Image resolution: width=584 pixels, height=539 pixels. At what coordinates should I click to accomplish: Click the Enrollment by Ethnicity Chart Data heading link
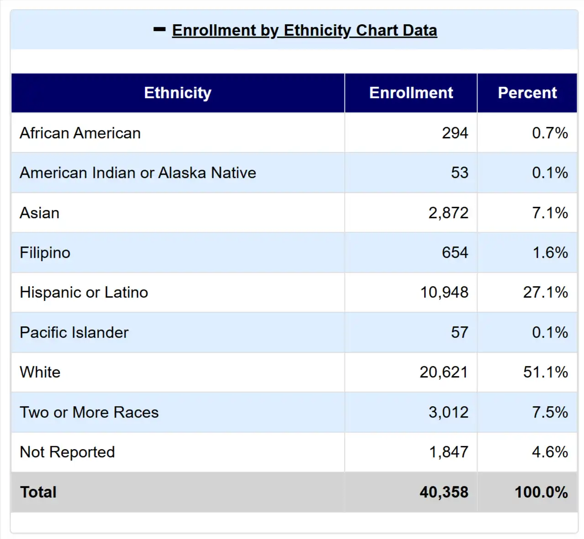coord(304,31)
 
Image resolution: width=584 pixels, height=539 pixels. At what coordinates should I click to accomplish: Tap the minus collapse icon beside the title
coord(159,30)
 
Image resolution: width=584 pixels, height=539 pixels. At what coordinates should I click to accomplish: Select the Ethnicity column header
coord(177,93)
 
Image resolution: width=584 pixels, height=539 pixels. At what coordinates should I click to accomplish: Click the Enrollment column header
coord(411,93)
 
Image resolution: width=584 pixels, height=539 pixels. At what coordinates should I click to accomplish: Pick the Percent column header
coord(527,93)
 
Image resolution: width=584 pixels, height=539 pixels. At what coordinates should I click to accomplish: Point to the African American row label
coord(80,133)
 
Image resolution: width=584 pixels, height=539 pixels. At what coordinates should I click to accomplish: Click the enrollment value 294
coord(455,133)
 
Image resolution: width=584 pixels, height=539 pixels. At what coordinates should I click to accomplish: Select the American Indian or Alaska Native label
coord(138,173)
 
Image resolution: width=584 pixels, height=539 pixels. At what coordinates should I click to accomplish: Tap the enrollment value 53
coord(459,173)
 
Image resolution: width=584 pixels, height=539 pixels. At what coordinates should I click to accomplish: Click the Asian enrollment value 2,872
coord(448,213)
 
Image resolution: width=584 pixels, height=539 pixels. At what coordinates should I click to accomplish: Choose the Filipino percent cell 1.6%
coord(550,252)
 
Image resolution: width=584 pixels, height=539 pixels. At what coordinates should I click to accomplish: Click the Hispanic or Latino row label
coord(84,292)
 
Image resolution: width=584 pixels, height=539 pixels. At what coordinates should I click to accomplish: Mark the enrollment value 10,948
coord(444,292)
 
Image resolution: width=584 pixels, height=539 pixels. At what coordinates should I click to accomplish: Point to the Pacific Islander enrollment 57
coord(459,332)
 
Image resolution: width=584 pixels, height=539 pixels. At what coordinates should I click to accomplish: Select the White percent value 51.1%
coord(546,372)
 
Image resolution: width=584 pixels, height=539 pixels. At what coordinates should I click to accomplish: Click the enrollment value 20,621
coord(444,372)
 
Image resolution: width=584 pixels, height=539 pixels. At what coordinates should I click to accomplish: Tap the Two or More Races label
coord(89,412)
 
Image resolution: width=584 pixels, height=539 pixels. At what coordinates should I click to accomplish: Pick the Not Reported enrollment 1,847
coord(448,452)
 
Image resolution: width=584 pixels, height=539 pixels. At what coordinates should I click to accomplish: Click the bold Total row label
coord(38,492)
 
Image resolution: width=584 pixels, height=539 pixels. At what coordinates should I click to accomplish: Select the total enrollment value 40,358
coord(444,492)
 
